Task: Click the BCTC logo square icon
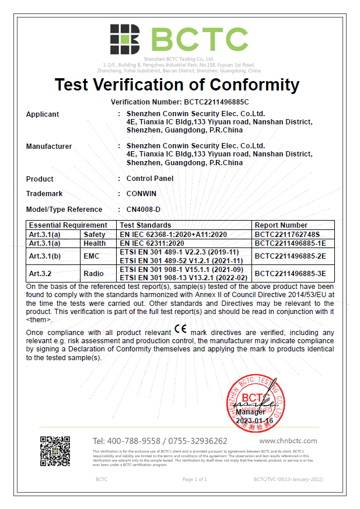click(x=124, y=39)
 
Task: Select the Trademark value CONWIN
click(x=141, y=194)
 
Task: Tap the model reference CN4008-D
click(x=144, y=210)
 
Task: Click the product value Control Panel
click(x=150, y=179)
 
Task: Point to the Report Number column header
click(x=281, y=225)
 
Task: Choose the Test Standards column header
click(x=146, y=225)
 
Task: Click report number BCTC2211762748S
click(x=288, y=234)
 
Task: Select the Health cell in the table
click(x=95, y=243)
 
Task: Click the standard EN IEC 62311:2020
click(x=152, y=243)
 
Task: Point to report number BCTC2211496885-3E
click(x=290, y=273)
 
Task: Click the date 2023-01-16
click(x=254, y=421)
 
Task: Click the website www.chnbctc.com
click(x=288, y=441)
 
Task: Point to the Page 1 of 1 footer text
click(x=195, y=479)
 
